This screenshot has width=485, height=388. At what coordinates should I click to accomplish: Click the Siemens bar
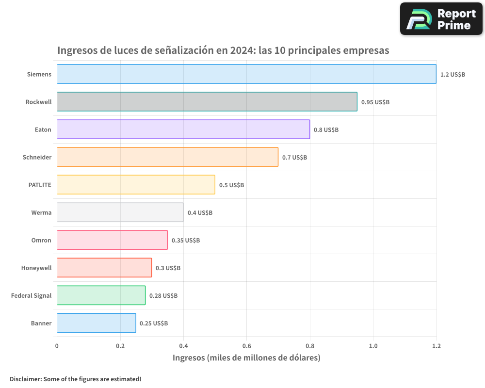click(246, 74)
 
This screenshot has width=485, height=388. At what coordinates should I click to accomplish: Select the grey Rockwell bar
click(207, 102)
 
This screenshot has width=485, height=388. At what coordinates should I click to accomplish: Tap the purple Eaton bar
click(183, 129)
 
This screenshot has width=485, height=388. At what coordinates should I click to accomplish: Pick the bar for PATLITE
click(136, 185)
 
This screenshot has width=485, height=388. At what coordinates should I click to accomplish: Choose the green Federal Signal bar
click(101, 295)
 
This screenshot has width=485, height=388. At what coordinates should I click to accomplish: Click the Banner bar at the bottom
click(97, 323)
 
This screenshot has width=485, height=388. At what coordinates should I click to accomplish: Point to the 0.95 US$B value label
click(375, 102)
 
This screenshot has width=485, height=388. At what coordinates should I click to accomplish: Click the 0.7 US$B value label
click(294, 158)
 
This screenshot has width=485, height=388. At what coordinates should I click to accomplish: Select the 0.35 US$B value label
click(186, 241)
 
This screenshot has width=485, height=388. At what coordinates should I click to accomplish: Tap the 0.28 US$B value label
click(163, 296)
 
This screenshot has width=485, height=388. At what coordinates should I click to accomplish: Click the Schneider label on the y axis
click(37, 157)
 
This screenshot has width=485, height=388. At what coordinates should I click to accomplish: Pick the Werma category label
click(41, 212)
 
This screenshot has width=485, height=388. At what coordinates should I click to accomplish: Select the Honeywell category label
click(36, 268)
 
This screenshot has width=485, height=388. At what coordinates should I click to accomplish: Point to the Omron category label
click(41, 240)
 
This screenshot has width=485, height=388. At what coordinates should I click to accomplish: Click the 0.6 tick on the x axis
click(246, 346)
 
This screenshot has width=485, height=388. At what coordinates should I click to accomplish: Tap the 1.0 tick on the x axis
click(373, 346)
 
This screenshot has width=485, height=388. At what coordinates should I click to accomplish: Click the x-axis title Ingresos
click(246, 358)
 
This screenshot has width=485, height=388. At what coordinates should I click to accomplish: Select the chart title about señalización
click(223, 50)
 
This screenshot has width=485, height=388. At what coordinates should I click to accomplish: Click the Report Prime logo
click(441, 19)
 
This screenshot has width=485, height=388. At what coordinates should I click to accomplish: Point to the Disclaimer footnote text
click(76, 379)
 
